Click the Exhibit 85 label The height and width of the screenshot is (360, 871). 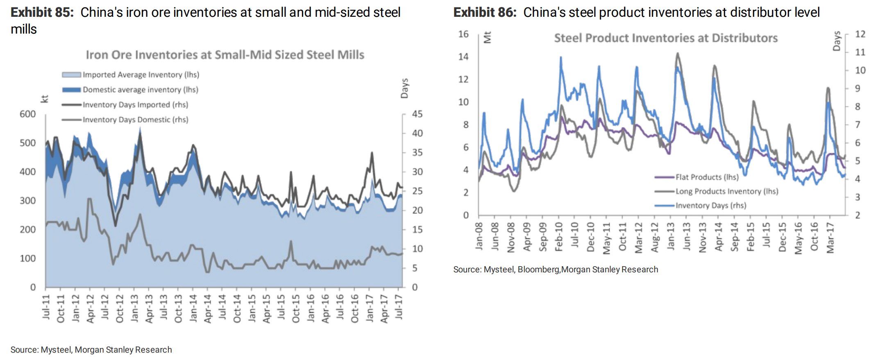pos(42,13)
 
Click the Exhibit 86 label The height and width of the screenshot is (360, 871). pos(485,13)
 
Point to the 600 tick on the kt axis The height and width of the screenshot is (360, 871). pos(28,114)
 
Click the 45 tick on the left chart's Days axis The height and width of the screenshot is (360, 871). pos(417,114)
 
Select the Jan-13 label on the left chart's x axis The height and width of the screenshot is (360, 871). pos(134,308)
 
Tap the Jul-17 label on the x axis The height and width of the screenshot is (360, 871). pos(398,307)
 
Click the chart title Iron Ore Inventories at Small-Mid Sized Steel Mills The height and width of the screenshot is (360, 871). pos(225,55)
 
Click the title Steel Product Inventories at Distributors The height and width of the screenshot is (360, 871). pos(666,38)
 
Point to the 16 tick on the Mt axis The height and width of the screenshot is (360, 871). pos(463,34)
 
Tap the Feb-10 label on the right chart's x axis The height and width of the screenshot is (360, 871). pos(559,237)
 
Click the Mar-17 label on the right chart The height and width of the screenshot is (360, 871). pos(830,238)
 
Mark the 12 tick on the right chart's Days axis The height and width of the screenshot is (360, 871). pos(860,34)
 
